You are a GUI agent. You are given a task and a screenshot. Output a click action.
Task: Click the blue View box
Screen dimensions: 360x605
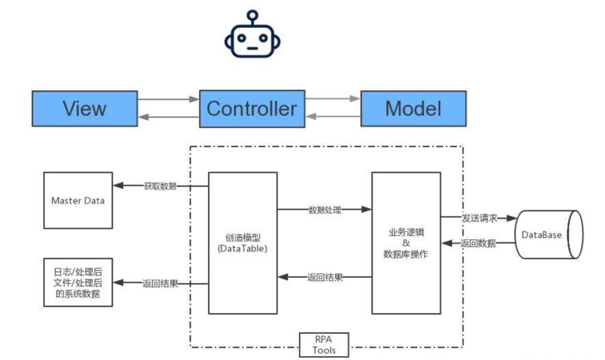84,108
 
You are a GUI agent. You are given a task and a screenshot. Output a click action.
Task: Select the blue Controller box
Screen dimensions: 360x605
252,108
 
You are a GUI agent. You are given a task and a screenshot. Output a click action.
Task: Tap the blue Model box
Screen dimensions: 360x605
413,108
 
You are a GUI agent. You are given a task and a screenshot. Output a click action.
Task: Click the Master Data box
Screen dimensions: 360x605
78,200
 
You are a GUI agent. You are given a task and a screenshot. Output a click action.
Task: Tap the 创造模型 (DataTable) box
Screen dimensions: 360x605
243,243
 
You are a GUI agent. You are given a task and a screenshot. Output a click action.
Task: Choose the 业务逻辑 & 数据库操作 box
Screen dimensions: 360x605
406,243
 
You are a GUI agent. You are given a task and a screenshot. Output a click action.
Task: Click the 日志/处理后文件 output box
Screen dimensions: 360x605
78,282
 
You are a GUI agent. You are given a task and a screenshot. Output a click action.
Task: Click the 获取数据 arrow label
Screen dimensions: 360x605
160,186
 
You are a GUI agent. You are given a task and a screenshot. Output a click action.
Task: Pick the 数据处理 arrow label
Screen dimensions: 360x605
325,210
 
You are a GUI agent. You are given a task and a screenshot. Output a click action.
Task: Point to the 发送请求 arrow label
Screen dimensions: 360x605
479,218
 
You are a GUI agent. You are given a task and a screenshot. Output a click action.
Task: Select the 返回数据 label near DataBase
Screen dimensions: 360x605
479,243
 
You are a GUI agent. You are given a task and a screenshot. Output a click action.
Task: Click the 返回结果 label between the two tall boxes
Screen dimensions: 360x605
325,277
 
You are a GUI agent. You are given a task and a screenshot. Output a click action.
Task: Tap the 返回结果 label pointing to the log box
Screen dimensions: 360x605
160,283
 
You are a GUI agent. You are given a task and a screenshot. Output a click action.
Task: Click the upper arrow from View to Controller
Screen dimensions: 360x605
168,99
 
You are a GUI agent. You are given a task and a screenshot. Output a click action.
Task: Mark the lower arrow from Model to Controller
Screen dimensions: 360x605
332,117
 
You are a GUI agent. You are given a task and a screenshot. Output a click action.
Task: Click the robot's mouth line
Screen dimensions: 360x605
252,49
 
